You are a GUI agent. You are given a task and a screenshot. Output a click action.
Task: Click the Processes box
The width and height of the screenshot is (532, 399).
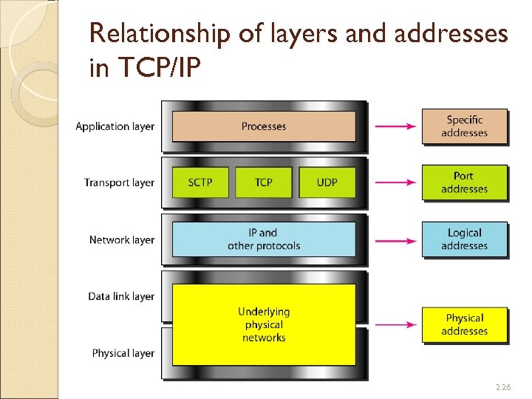[264, 126]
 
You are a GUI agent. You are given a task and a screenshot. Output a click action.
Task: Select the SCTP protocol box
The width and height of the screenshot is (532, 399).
[201, 183]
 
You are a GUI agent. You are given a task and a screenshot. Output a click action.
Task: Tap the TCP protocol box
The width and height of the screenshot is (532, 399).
[264, 183]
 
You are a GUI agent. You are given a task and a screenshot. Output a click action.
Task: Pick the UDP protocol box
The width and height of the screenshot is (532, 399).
[327, 183]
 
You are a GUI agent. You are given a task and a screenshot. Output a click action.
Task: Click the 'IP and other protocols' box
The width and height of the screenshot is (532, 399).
[264, 239]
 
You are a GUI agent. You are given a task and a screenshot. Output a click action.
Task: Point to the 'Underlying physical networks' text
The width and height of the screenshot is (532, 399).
[264, 324]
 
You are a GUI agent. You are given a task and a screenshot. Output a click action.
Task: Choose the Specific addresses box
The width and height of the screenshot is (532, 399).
[465, 126]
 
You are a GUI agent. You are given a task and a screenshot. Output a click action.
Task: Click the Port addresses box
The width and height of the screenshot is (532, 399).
[465, 183]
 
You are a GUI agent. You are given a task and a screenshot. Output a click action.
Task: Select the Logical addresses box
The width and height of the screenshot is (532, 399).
[465, 239]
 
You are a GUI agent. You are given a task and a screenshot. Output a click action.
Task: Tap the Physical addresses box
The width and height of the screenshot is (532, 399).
[465, 324]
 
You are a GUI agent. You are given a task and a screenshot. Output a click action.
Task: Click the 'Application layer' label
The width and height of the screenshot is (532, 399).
[115, 126]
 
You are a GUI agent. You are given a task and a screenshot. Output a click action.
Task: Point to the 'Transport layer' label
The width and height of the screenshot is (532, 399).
[119, 183]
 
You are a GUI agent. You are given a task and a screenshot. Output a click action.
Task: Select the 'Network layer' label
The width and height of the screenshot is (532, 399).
[122, 239]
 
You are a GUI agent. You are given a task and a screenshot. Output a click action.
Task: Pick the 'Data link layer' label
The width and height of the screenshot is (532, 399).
[121, 296]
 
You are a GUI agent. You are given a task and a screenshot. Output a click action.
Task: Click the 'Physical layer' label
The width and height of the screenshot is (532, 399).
[123, 353]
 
